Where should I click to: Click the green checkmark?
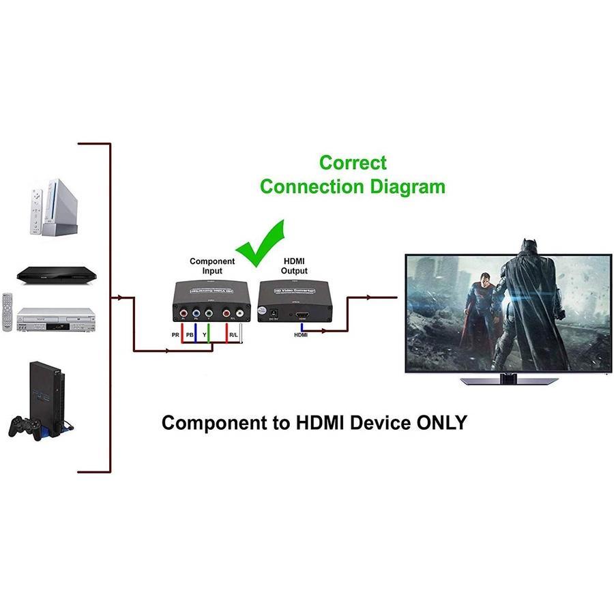(263, 244)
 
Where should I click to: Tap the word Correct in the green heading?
(353, 163)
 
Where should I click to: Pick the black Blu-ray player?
(57, 275)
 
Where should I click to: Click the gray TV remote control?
(8, 311)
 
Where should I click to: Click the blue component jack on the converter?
(196, 313)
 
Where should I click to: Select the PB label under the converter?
(190, 335)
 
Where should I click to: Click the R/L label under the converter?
(233, 335)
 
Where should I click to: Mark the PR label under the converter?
(175, 335)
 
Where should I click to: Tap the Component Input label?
(212, 266)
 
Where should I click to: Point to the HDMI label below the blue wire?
(300, 335)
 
